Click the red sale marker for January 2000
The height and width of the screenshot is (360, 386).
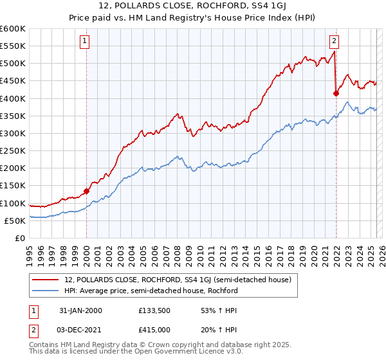87,191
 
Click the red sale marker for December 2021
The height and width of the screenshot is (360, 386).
336,93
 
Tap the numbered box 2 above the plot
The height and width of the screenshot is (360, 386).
335,42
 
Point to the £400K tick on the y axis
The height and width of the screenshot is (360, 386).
13,98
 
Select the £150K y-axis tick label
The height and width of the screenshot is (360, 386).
13,186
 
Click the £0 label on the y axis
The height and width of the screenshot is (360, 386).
19,238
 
